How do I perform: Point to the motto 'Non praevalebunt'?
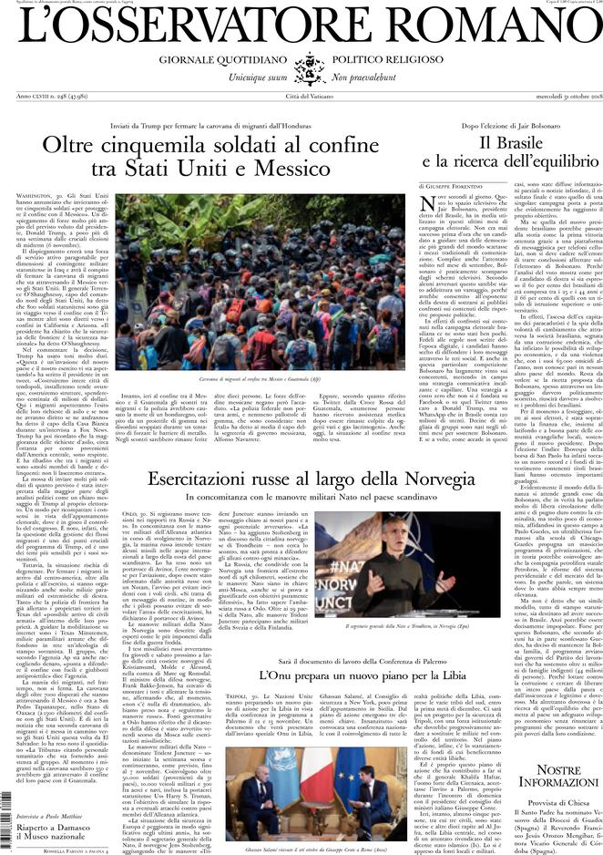click(x=363, y=79)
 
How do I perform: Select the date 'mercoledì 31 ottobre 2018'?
click(x=554, y=97)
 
